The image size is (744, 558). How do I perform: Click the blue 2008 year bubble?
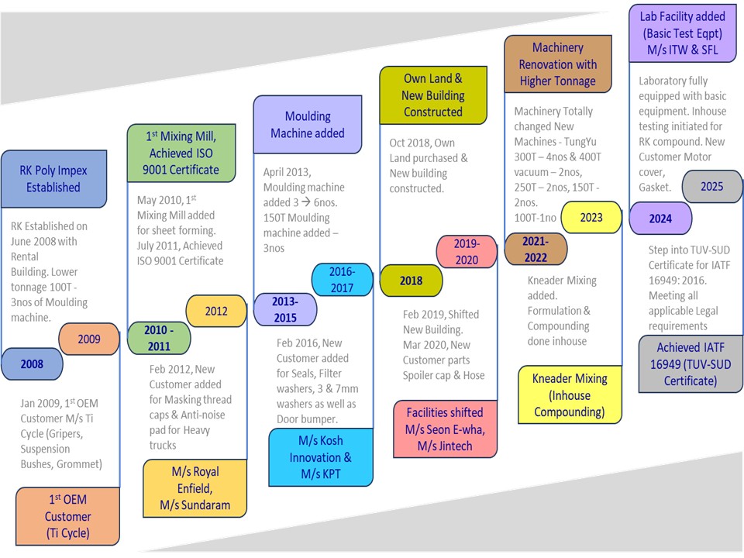(x=32, y=363)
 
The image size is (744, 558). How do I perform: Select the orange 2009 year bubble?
(x=89, y=339)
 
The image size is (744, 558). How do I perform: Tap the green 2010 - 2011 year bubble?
(x=158, y=338)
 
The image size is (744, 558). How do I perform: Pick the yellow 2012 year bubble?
(x=216, y=311)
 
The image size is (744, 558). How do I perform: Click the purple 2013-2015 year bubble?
(x=285, y=309)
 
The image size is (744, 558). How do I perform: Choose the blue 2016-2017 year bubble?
(x=342, y=280)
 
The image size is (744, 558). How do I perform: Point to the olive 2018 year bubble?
(x=411, y=281)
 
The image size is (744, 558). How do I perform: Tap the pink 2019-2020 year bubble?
(x=467, y=252)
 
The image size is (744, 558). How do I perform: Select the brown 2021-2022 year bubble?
(x=536, y=249)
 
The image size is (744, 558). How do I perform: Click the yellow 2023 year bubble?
(x=591, y=218)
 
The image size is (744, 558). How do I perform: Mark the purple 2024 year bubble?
(x=660, y=219)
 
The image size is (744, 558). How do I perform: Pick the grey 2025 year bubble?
(x=711, y=187)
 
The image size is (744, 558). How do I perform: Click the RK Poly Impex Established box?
(x=53, y=179)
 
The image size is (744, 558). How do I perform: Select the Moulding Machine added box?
(x=308, y=124)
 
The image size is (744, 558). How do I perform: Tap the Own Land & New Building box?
(x=433, y=95)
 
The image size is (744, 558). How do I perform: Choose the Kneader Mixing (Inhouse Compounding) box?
(x=570, y=394)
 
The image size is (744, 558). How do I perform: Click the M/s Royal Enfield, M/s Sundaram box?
(x=195, y=487)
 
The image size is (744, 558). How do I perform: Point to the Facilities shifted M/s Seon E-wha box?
(x=444, y=429)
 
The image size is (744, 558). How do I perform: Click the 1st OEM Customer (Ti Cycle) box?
(x=67, y=516)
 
